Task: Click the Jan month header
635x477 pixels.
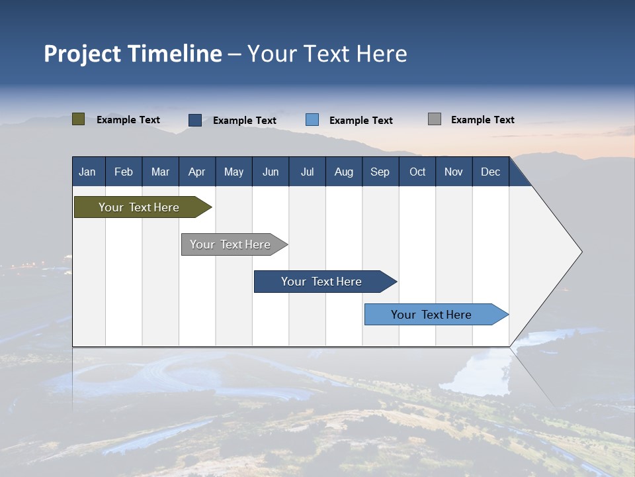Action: [x=87, y=172]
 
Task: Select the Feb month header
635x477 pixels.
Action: [x=124, y=172]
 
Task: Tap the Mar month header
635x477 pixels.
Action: [x=160, y=172]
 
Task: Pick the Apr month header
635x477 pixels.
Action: [x=197, y=172]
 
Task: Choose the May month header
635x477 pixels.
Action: [x=233, y=172]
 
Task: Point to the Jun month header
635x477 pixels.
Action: [x=271, y=172]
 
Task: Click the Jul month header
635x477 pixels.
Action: [x=307, y=172]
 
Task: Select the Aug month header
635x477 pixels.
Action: [x=344, y=172]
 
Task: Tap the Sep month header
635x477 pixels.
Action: [x=380, y=172]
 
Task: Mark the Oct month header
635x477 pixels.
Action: [x=417, y=172]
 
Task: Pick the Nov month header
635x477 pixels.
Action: [x=454, y=172]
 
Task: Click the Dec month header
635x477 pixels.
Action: [x=491, y=172]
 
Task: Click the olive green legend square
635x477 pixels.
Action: [x=79, y=119]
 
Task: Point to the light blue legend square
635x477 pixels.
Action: [x=312, y=119]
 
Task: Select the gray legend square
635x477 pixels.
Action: [x=435, y=119]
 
